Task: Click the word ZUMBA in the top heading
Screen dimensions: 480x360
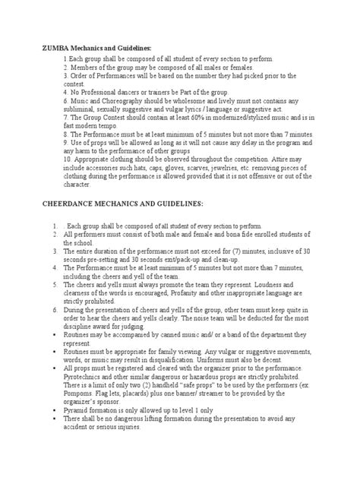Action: [52, 48]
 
